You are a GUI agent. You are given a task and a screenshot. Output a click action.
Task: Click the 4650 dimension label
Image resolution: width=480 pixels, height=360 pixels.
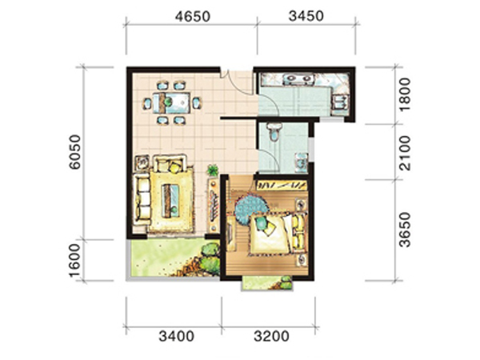click(x=193, y=17)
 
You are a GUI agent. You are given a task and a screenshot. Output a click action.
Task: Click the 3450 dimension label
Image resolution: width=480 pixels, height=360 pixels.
click(x=306, y=16)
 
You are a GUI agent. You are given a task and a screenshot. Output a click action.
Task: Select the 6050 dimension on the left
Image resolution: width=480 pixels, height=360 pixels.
click(x=74, y=152)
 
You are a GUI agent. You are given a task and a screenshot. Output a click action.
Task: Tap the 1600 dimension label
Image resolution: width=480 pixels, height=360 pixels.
click(x=74, y=261)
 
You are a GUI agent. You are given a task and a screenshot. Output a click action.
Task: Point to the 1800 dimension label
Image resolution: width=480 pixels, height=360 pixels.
click(x=405, y=95)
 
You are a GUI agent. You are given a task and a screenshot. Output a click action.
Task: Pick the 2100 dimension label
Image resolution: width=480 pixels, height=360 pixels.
click(x=405, y=153)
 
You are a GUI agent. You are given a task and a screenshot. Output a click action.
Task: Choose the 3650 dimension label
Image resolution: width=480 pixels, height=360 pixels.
click(x=405, y=230)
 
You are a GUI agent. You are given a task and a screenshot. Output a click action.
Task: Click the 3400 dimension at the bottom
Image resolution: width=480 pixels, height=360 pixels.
click(x=176, y=337)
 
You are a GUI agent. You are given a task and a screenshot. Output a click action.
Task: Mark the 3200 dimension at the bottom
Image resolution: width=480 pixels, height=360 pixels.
click(x=271, y=337)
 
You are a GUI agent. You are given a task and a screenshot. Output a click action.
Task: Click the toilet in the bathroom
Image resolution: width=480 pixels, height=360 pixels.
click(x=274, y=131)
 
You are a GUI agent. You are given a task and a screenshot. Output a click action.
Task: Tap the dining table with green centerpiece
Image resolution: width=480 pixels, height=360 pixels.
click(x=171, y=102)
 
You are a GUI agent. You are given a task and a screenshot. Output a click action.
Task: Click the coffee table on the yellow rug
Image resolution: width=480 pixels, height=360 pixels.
click(x=171, y=201)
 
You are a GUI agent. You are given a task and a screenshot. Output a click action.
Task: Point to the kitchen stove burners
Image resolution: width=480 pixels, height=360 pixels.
click(x=298, y=79)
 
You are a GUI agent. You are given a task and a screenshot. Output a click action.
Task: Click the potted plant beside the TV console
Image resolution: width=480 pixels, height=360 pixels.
click(x=213, y=170)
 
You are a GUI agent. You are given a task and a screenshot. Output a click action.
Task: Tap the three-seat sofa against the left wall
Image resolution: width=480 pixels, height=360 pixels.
click(x=142, y=198)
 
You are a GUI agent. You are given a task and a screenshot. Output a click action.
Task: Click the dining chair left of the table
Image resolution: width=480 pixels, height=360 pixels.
click(x=147, y=103)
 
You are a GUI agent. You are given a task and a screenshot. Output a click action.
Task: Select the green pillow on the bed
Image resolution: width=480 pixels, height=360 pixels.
click(x=261, y=222)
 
